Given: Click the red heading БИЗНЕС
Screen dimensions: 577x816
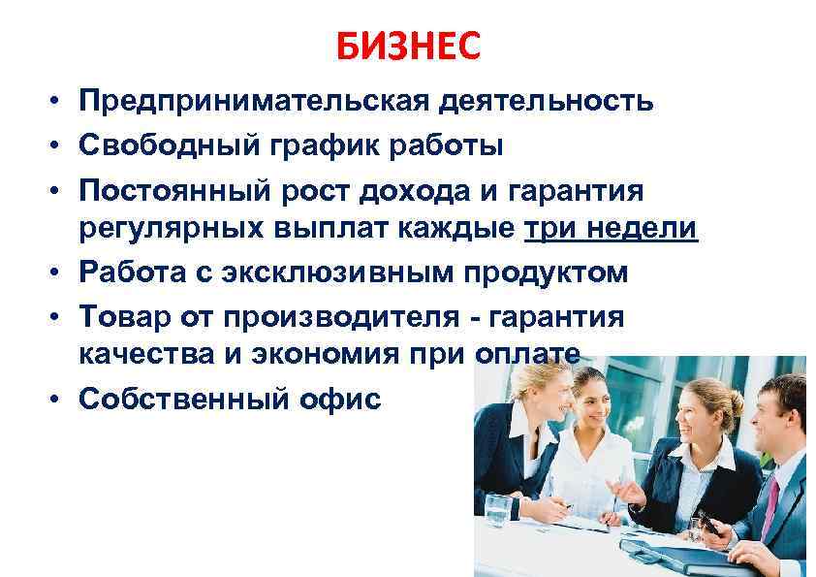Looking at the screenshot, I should pos(408,46).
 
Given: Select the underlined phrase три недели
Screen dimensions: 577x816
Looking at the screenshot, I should pos(611,228).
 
